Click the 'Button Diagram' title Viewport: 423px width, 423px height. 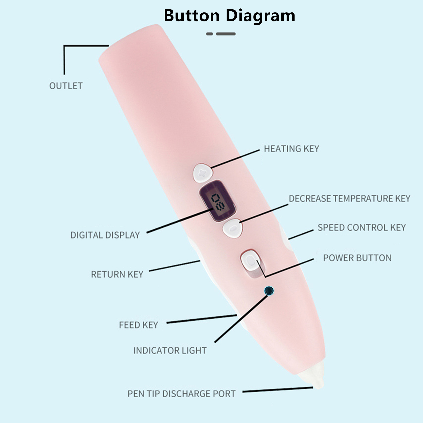229,16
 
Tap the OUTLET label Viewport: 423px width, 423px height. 66,86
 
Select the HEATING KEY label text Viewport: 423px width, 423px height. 291,149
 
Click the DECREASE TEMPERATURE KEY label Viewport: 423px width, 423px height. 349,199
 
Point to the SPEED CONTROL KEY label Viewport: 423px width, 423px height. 361,228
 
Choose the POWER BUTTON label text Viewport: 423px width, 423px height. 357,258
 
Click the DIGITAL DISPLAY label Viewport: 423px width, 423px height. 105,235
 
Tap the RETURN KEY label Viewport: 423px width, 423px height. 117,274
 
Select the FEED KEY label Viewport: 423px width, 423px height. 138,325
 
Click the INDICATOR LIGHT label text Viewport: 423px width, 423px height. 170,351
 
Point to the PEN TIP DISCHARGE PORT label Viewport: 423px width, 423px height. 181,394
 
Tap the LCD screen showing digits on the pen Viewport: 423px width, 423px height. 218,201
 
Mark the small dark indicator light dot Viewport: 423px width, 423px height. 269,291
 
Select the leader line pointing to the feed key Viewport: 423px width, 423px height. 201,319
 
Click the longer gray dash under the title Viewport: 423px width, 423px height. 226,34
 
